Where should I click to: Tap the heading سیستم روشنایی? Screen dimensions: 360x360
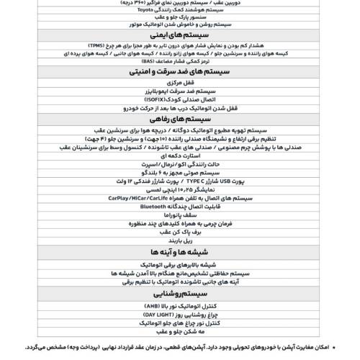tap(179, 314)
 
